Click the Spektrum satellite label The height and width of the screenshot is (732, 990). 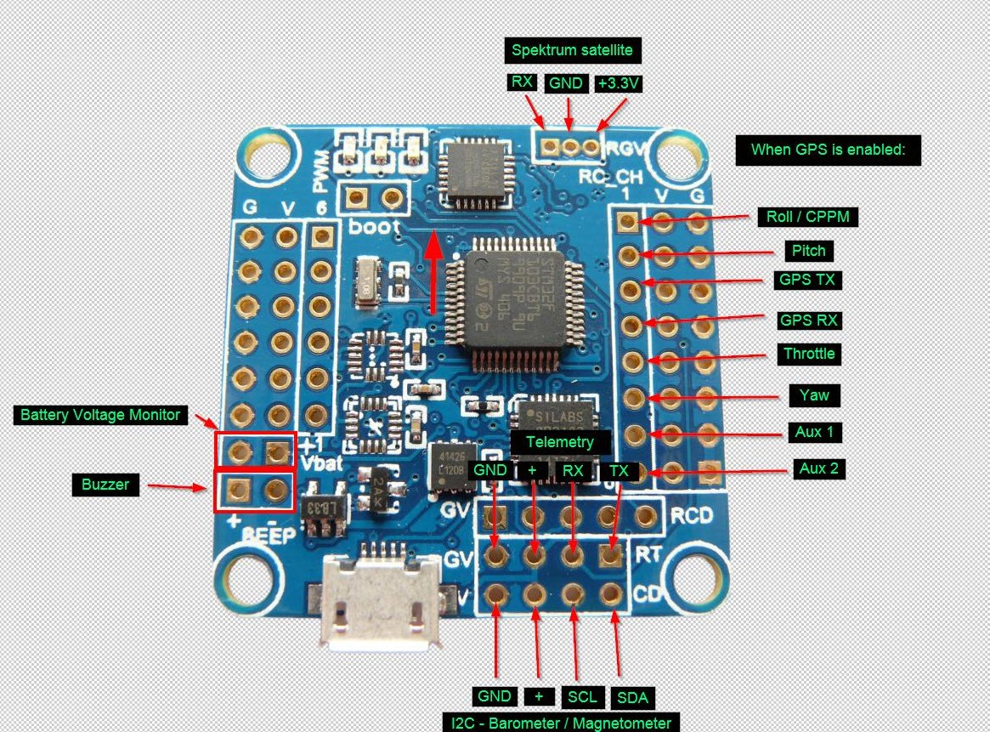coord(573,50)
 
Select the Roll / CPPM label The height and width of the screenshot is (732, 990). coord(806,217)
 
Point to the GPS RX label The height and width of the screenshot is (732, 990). coord(810,321)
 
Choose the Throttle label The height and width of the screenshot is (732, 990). coord(809,354)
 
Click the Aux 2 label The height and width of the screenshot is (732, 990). coord(821,468)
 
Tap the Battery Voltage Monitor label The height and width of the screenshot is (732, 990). coord(100,415)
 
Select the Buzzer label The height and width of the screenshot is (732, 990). coord(105,485)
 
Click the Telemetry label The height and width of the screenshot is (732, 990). coord(559,442)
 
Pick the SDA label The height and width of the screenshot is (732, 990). coord(632,698)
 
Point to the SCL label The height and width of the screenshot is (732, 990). coord(582,697)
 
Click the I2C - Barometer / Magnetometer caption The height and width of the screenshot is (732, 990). coord(561,723)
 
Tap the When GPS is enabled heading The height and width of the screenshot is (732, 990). coord(829,150)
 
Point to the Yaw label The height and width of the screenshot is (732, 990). coord(813,394)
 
